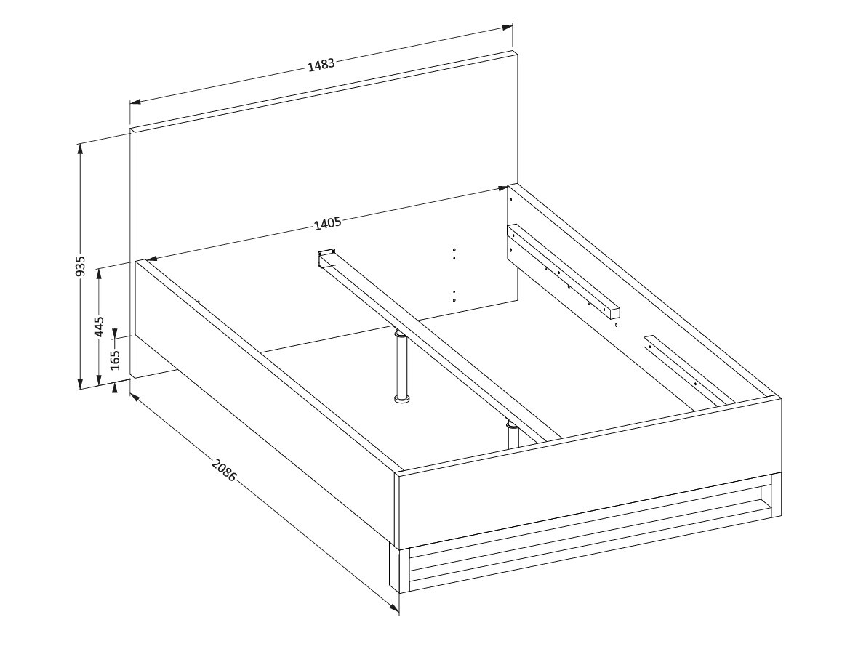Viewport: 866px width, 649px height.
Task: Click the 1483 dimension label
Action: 321,65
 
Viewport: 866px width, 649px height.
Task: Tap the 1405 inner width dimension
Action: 327,224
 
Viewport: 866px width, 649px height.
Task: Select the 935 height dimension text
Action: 81,266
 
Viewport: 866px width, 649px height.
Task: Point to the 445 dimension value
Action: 99,326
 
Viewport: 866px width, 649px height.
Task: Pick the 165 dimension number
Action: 115,360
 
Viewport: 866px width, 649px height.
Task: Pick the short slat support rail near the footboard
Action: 687,371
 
